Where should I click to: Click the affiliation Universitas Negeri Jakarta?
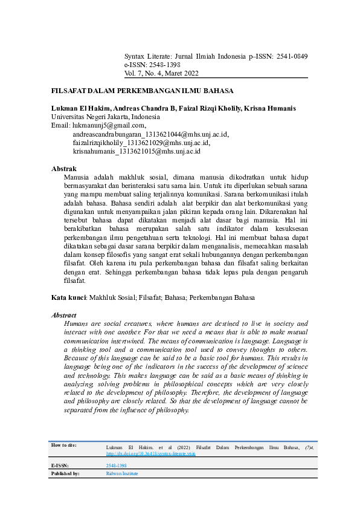coord(105,117)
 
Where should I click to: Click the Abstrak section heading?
coord(64,168)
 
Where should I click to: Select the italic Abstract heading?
coord(64,315)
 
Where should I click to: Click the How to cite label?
coord(64,445)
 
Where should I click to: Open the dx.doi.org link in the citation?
coord(150,453)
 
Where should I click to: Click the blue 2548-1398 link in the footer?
coord(116,466)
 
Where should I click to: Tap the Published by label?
coord(65,474)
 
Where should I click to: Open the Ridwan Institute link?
coord(121,474)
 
